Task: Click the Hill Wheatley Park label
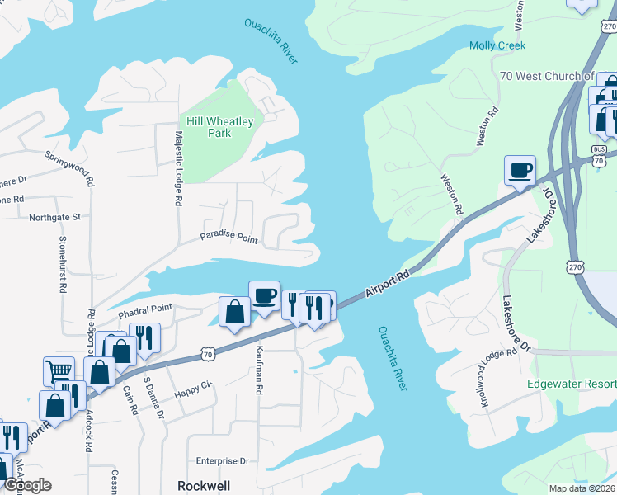pyautogui.click(x=219, y=127)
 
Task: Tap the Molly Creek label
pyautogui.click(x=497, y=45)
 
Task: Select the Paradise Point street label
pyautogui.click(x=228, y=239)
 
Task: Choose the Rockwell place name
pyautogui.click(x=204, y=486)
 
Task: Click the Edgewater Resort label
pyautogui.click(x=572, y=384)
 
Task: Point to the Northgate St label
pyautogui.click(x=54, y=217)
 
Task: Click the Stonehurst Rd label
pyautogui.click(x=62, y=265)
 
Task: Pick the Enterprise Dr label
pyautogui.click(x=222, y=461)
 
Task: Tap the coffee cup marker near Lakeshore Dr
pyautogui.click(x=520, y=171)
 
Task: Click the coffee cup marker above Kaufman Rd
pyautogui.click(x=264, y=295)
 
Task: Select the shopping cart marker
pyautogui.click(x=59, y=371)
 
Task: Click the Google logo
pyautogui.click(x=26, y=485)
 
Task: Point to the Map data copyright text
pyautogui.click(x=582, y=488)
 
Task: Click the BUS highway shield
pyautogui.click(x=600, y=150)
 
